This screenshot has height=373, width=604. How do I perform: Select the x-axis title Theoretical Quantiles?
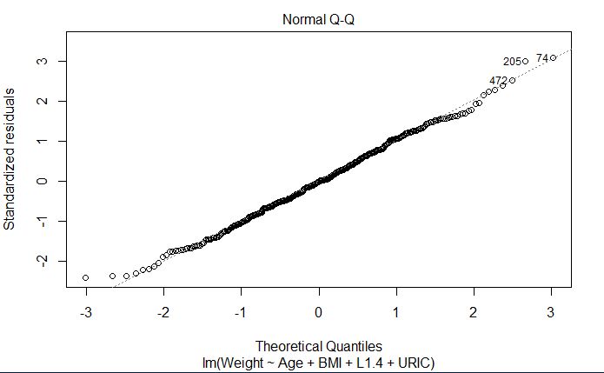[319, 345]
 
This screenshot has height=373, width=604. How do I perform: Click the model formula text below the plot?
[319, 361]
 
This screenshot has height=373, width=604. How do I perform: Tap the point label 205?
[512, 62]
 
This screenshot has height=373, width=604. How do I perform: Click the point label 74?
[541, 58]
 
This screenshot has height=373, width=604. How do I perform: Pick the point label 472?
[498, 81]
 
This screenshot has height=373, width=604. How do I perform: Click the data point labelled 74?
[553, 57]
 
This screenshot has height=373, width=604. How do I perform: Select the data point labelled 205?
[525, 61]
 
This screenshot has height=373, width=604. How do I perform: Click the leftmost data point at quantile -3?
[85, 277]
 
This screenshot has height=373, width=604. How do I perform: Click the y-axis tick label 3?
[40, 61]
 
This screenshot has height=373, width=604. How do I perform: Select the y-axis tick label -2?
[40, 261]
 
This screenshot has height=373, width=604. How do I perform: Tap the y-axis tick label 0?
[40, 181]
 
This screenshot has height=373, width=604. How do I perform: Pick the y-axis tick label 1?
[40, 141]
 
